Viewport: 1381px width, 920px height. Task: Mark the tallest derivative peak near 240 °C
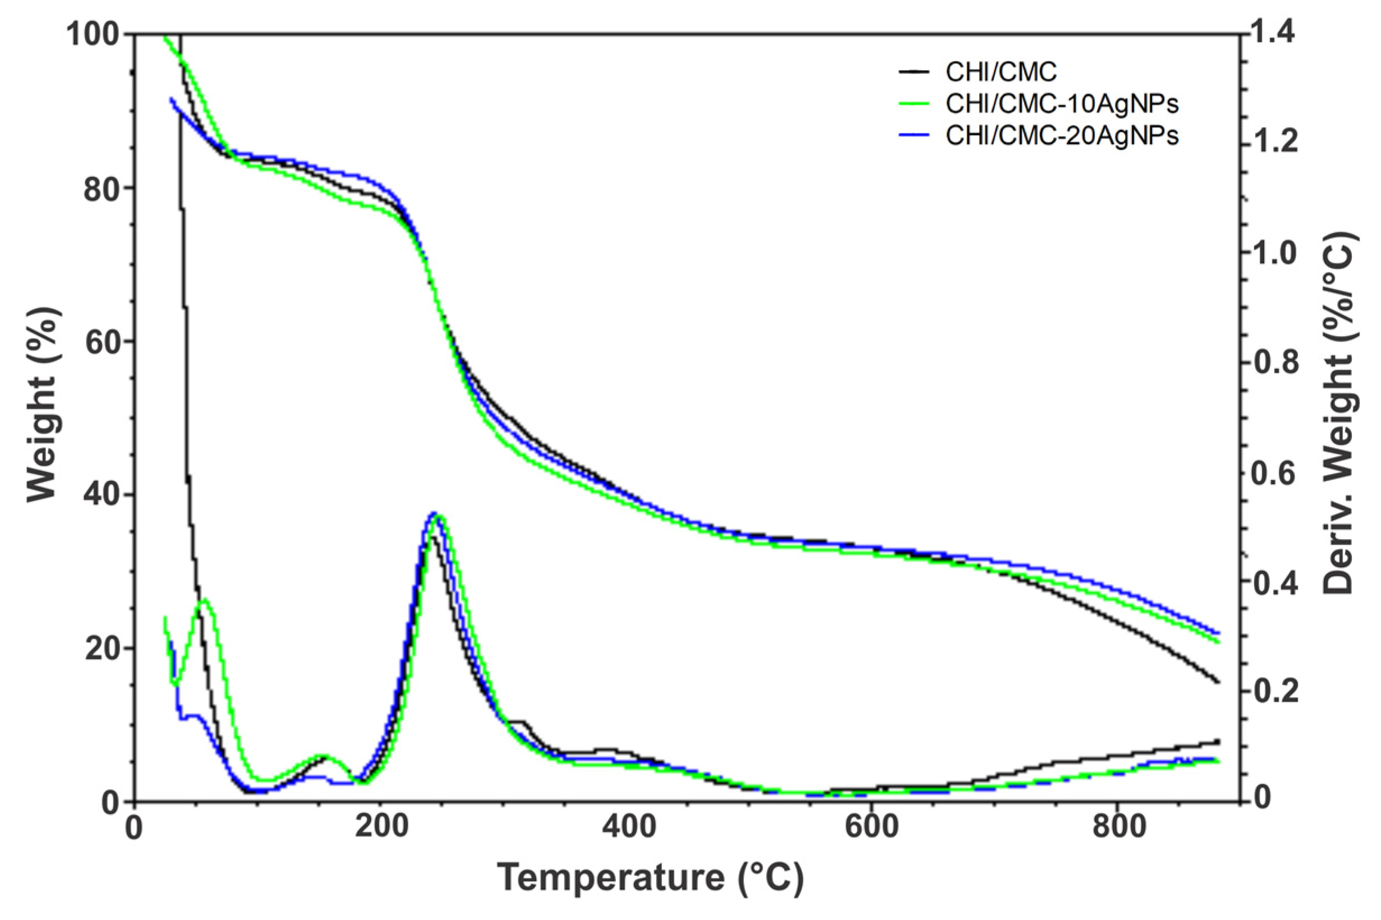(x=434, y=513)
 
